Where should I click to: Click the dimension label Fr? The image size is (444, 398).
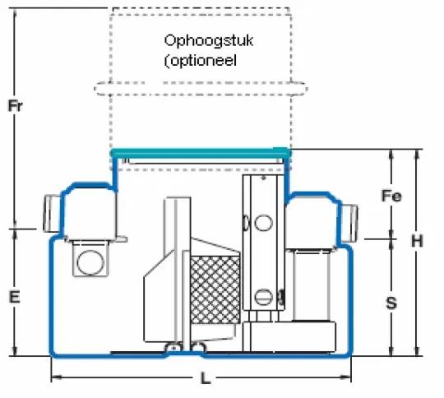click(16, 106)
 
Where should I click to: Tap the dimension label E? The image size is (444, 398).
click(15, 297)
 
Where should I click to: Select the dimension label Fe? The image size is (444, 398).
click(391, 196)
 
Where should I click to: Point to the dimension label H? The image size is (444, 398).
click(417, 241)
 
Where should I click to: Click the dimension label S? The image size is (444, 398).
click(391, 303)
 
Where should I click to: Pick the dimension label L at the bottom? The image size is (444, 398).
click(206, 378)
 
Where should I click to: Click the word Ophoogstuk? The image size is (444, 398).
click(208, 41)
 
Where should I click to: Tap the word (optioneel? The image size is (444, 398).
click(201, 61)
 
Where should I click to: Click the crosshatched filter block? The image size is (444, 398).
click(215, 290)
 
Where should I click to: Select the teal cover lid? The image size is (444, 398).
click(201, 153)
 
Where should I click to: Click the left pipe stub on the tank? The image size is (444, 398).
click(52, 214)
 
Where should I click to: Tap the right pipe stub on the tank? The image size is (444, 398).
click(349, 223)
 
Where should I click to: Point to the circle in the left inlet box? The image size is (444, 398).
click(90, 262)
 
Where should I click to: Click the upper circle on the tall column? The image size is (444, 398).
click(263, 223)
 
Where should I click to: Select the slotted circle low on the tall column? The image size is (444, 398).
click(264, 297)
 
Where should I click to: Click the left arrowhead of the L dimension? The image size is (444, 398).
click(57, 377)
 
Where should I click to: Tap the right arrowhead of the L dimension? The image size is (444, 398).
click(345, 377)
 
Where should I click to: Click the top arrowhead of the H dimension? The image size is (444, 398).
click(417, 155)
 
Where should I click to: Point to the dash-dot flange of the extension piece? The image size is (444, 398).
click(201, 89)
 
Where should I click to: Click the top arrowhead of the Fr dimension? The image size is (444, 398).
click(16, 14)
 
